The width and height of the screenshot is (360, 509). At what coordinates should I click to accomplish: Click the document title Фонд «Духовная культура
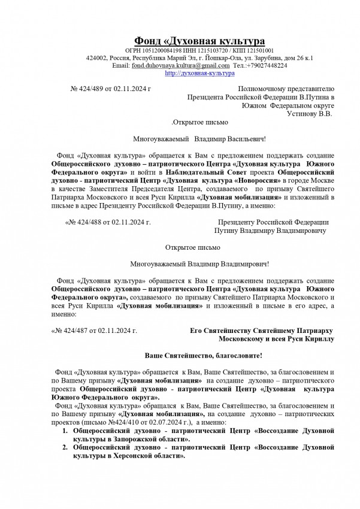pos(199,41)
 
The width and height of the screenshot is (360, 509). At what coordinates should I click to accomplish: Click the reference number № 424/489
pos(89,89)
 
